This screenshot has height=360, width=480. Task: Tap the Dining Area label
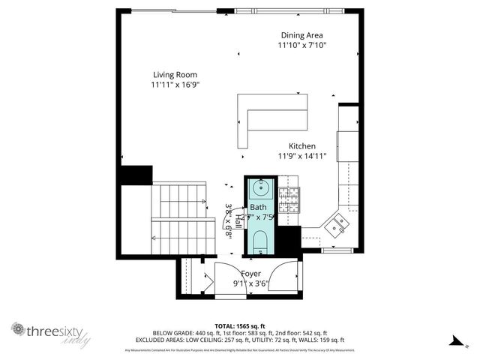[x=302, y=34]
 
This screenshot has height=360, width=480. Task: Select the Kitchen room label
[x=302, y=146]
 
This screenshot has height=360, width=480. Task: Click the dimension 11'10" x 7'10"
[x=302, y=45]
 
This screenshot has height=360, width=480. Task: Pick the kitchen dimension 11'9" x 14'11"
[x=302, y=157]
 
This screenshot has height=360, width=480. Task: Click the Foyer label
[x=250, y=274]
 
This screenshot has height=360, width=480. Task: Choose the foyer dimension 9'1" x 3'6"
[x=250, y=284]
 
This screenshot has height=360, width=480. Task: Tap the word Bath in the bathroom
[x=258, y=207]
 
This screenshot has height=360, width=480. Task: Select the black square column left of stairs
[x=136, y=175]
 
